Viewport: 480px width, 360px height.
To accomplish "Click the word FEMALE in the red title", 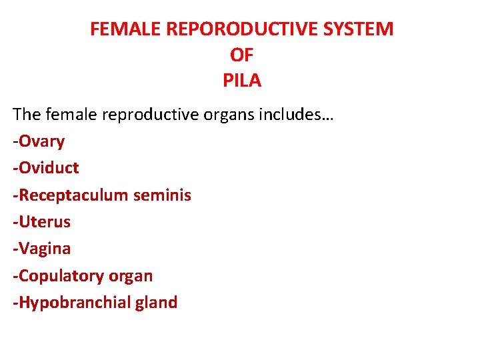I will (x=121, y=29).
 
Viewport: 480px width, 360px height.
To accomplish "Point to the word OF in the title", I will (x=241, y=55).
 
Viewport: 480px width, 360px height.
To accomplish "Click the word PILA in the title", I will (x=241, y=81).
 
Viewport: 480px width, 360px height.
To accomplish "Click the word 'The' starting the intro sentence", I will (x=27, y=115).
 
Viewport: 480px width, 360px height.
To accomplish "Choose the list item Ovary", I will (x=41, y=141).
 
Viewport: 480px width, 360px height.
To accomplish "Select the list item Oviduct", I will (x=48, y=168).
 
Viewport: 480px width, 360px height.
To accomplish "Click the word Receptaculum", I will (x=73, y=195).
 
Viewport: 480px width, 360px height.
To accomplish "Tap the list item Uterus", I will (x=44, y=222).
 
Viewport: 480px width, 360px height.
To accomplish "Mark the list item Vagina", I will (x=44, y=249).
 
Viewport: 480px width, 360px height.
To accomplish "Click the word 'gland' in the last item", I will (x=157, y=303).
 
